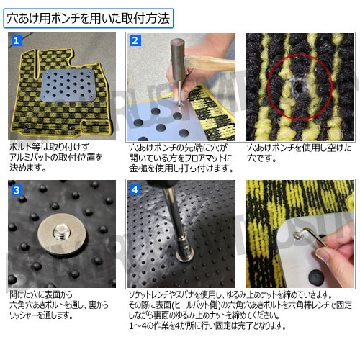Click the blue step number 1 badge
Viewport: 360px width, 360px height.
click(17, 41)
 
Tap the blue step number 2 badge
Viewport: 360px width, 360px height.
click(134, 41)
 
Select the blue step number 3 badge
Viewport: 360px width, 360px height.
click(17, 191)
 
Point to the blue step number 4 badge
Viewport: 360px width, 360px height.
click(134, 191)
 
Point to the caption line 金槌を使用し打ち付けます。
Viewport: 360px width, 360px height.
click(181, 168)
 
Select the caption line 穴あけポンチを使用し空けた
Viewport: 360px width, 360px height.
click(299, 148)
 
